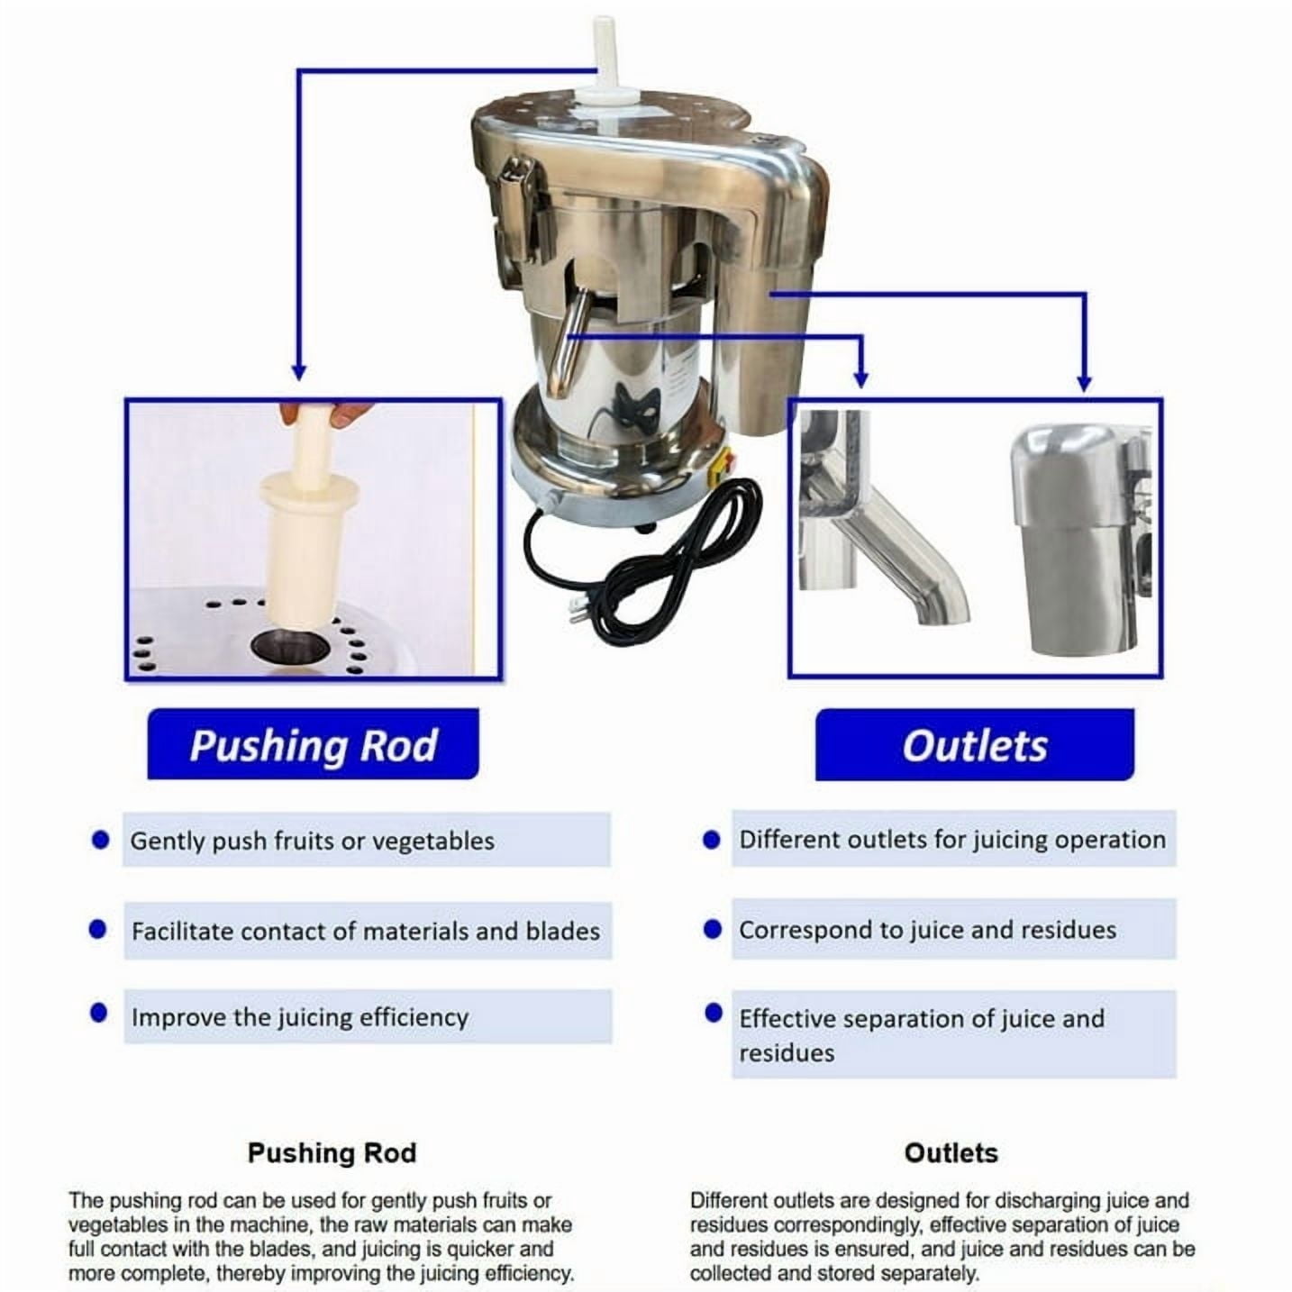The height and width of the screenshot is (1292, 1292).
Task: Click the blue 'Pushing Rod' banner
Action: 314,743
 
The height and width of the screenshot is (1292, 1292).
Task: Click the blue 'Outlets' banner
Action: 974,745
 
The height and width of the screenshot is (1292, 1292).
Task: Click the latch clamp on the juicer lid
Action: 516,209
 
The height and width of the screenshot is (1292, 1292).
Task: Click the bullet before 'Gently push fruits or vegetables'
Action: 101,840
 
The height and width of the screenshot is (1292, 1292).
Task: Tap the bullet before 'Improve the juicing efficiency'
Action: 98,1013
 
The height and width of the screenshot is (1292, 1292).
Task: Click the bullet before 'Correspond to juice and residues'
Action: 713,929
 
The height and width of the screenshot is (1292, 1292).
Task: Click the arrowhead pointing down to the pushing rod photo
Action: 299,372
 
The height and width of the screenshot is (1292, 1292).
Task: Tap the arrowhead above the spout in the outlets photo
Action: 861,379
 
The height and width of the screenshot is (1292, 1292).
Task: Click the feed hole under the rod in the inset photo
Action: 291,645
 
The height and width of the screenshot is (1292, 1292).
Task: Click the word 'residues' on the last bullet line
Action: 787,1052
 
